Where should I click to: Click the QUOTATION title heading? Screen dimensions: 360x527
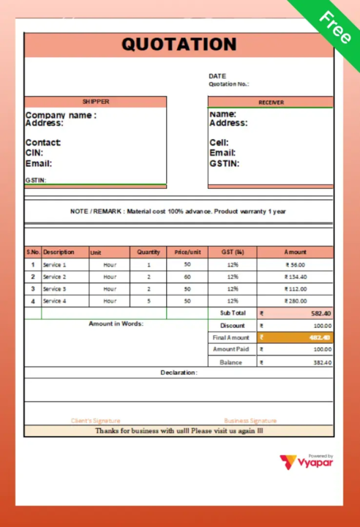179,44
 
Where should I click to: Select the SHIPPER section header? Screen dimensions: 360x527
95,102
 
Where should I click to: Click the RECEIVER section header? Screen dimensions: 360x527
271,102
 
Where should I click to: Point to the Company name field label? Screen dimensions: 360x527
61,115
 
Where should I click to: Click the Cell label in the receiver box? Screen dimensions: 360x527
219,143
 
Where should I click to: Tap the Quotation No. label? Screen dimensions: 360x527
228,84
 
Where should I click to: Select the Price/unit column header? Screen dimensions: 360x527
187,252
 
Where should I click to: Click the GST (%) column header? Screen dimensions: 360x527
232,252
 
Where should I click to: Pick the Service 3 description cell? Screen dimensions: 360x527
54,289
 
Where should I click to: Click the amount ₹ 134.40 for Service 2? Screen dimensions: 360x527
296,277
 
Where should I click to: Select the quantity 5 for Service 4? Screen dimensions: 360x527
149,301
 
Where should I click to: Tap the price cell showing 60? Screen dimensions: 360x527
187,277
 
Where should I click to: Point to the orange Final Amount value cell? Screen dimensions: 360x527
295,337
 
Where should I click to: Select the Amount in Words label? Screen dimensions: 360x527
116,324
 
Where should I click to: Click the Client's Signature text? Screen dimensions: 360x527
95,421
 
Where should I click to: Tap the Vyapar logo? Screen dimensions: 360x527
306,462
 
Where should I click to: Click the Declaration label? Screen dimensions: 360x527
179,373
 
